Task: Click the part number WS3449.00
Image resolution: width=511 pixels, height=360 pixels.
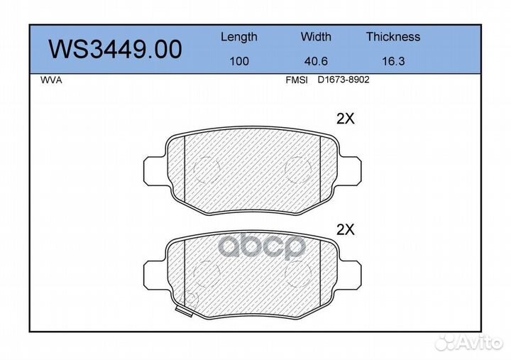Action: click(x=115, y=49)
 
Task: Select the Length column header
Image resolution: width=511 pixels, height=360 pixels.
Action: click(x=239, y=37)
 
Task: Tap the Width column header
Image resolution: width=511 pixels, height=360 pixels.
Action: click(x=316, y=36)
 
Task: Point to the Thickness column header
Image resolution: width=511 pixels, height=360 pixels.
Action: click(x=393, y=36)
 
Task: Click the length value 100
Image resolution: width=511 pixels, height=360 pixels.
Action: click(x=239, y=61)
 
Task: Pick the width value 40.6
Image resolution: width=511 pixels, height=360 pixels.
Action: click(x=316, y=61)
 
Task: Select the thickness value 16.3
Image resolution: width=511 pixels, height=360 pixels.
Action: click(x=393, y=61)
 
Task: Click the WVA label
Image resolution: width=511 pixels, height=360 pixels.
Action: click(x=51, y=80)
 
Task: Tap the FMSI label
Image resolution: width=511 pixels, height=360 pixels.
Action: click(x=297, y=80)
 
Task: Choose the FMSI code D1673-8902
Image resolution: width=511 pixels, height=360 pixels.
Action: click(x=344, y=80)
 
